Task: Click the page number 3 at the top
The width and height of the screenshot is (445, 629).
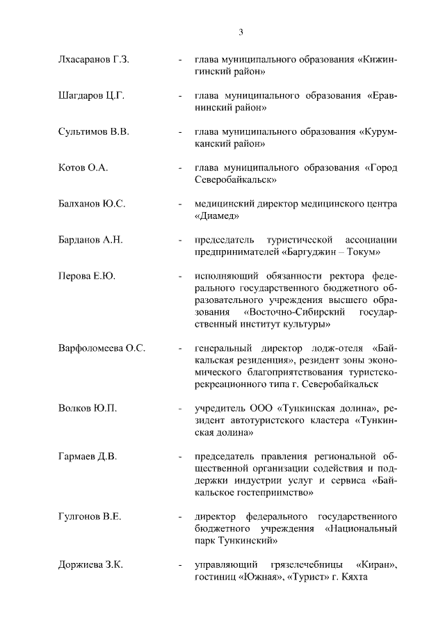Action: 241,31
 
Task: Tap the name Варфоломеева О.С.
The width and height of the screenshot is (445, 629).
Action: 102,348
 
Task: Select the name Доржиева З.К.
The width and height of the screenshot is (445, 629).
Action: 90,565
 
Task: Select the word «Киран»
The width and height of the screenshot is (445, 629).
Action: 375,565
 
